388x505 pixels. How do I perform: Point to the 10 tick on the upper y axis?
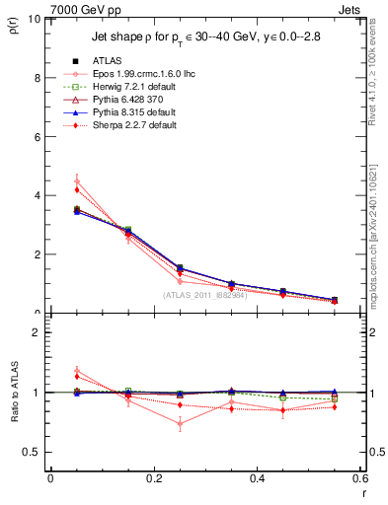35,19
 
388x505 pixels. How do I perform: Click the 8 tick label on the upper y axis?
37,78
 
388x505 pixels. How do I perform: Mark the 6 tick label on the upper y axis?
37,137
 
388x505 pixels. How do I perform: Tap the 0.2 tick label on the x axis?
153,478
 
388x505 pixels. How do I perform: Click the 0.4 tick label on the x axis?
257,478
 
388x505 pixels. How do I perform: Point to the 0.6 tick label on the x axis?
359,478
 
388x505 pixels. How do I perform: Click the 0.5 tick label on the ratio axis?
32,452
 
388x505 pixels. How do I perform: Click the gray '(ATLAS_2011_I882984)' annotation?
205,295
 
